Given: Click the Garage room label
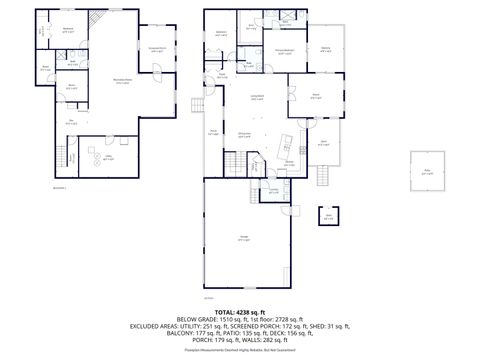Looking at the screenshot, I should click(x=243, y=236).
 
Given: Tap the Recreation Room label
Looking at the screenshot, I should click(x=123, y=82).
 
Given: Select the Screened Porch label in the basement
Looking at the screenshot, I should click(x=156, y=49).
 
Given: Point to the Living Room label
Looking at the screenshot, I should click(x=257, y=98).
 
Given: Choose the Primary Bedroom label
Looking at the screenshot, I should click(x=285, y=51).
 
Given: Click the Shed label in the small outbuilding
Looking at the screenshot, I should click(x=328, y=215).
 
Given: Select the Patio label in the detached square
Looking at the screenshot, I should click(x=427, y=172).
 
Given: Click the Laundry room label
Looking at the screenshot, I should click(x=273, y=192).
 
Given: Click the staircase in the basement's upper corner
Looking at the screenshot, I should click(x=95, y=20).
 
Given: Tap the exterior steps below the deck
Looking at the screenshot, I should click(x=322, y=176).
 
